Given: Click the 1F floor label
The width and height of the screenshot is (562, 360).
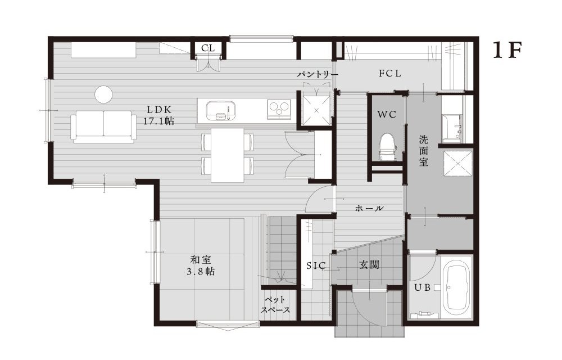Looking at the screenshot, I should click(x=508, y=51).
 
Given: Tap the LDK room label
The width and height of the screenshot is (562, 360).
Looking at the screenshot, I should click(x=159, y=109).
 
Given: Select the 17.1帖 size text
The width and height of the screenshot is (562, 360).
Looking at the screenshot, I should click(x=158, y=120).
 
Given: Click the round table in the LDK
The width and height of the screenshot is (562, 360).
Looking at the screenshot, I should click(x=104, y=94).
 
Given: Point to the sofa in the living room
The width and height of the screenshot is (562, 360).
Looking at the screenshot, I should click(x=103, y=126).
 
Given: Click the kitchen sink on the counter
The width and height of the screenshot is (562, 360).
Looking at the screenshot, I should click(x=219, y=109).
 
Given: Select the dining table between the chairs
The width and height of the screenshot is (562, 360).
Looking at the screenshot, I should click(x=228, y=155).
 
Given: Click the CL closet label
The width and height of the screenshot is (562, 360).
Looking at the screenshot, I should click(x=208, y=48).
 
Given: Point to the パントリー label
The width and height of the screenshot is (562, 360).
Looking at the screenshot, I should click(x=318, y=74).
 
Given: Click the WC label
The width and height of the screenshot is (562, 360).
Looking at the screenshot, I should click(x=387, y=114).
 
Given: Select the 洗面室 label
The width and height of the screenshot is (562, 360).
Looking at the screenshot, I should click(x=424, y=150).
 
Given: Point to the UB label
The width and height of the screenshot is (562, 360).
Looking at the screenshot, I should click(x=422, y=287).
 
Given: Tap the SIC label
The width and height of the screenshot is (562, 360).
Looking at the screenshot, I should click(x=315, y=267).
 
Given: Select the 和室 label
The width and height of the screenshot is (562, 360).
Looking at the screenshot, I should click(x=201, y=260).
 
